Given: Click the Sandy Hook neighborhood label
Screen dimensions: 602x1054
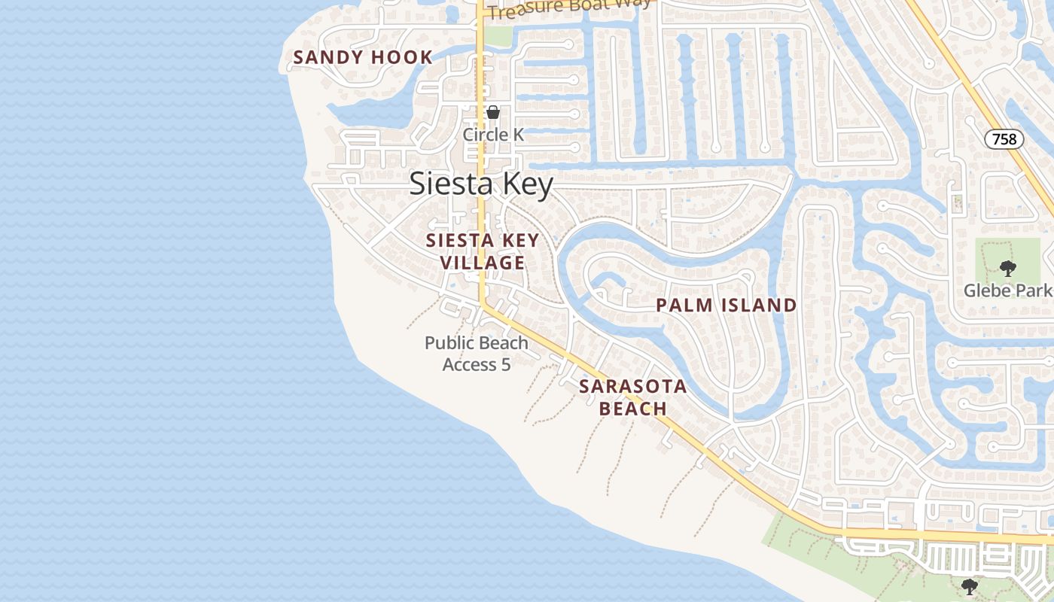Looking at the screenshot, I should (363, 57).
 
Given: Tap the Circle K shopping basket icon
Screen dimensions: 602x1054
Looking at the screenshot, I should (493, 113).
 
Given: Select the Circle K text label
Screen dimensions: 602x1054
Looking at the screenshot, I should (493, 135).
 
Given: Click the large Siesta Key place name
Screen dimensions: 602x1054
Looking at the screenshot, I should (482, 184).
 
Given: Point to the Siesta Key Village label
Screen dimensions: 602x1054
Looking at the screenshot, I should (483, 251).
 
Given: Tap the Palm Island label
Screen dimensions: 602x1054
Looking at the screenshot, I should (726, 306).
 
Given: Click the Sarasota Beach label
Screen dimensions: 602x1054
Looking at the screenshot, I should (633, 397).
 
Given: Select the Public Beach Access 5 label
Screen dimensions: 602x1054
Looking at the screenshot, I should (477, 354).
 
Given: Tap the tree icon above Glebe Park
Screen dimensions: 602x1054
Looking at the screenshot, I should (1007, 268).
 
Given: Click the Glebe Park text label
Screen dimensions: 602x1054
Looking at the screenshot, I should (1007, 290).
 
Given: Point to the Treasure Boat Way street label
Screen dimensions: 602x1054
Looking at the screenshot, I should (568, 9).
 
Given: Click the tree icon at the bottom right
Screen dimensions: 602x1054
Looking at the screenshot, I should (970, 586).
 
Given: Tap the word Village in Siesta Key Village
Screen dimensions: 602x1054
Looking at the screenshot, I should (483, 263).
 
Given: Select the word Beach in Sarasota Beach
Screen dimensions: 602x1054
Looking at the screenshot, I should (633, 409).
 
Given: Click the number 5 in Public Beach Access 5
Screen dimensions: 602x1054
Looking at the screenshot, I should (506, 365).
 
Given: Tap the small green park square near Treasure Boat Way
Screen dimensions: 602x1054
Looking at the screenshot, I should (498, 35).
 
